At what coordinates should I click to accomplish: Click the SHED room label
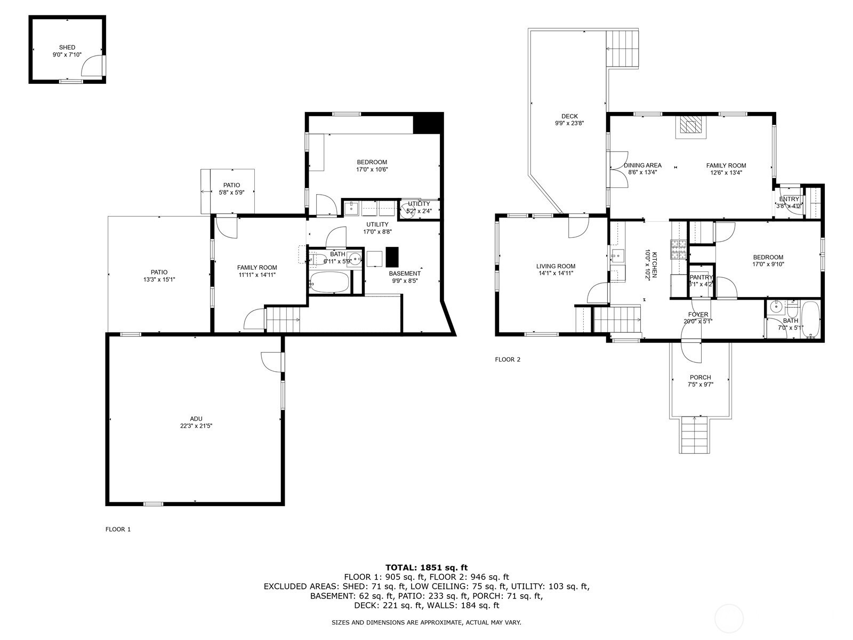tap(67, 47)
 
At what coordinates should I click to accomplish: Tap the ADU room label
tap(196, 419)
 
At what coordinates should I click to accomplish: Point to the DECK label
tap(569, 116)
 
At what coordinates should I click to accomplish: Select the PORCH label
tap(700, 377)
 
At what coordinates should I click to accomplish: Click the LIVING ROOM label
tap(556, 266)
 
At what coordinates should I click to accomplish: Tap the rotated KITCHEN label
tap(655, 265)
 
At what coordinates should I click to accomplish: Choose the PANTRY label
tap(701, 277)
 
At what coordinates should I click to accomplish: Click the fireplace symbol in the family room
tap(690, 127)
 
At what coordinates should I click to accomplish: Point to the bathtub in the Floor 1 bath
tap(329, 282)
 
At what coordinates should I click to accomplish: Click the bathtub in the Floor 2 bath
tap(811, 320)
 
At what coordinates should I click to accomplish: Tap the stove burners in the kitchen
tap(679, 250)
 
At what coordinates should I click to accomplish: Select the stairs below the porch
tap(695, 435)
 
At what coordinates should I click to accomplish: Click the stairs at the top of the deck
tap(623, 49)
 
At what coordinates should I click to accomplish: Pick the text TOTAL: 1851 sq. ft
tap(426, 567)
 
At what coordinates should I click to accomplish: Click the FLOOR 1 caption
tap(118, 529)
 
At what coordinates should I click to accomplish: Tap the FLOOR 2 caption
tap(508, 359)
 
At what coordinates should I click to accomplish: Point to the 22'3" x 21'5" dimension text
tap(196, 426)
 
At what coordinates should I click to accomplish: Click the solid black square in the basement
tap(392, 257)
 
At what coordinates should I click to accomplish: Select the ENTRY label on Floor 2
tap(789, 199)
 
